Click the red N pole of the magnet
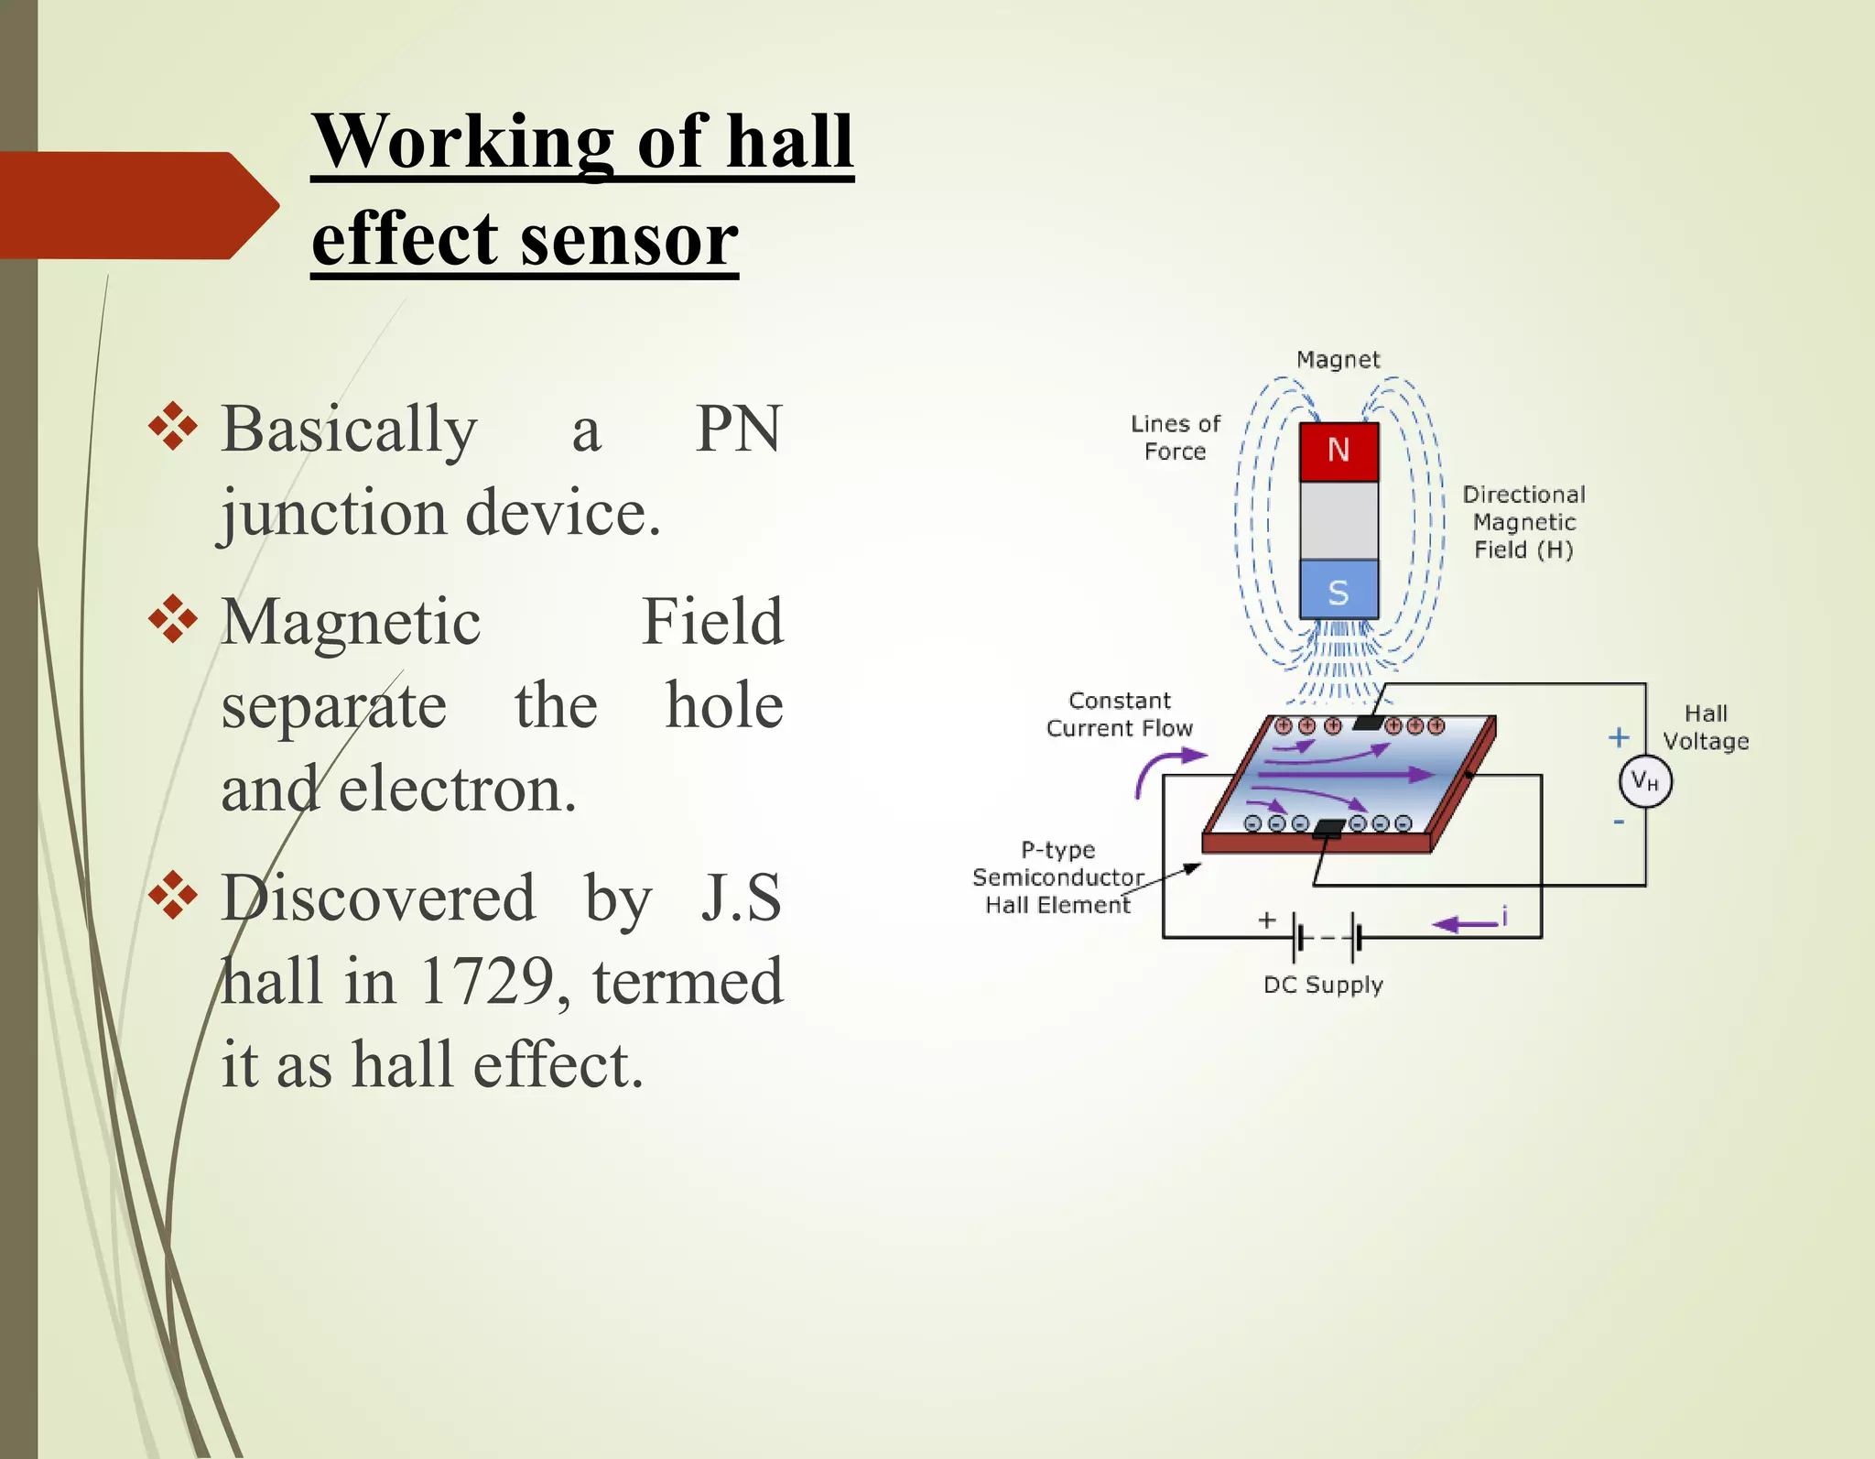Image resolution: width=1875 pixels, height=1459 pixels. (x=1339, y=451)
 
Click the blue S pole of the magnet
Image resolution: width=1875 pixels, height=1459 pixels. (x=1339, y=592)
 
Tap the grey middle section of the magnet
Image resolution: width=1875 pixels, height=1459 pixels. (x=1339, y=520)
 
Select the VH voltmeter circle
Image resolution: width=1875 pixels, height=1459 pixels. (x=1645, y=781)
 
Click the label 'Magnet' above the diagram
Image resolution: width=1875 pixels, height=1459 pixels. (x=1338, y=360)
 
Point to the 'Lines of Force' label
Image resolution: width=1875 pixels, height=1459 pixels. (x=1176, y=438)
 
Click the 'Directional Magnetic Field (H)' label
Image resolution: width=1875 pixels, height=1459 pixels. (x=1523, y=522)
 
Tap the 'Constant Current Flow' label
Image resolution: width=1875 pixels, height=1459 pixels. (x=1120, y=714)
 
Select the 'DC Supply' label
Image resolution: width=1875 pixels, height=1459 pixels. (x=1323, y=985)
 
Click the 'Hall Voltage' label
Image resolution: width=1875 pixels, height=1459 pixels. (x=1706, y=727)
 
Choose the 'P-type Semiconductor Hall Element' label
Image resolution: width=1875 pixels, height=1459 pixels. (x=1057, y=877)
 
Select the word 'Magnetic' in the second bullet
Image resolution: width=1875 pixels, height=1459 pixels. (x=351, y=622)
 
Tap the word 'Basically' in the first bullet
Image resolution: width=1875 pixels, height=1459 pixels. (x=349, y=429)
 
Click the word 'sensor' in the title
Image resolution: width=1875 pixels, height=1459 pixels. (x=629, y=239)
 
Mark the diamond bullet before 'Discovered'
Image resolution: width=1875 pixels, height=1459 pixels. (x=172, y=894)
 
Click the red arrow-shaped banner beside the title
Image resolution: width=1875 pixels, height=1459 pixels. (x=137, y=205)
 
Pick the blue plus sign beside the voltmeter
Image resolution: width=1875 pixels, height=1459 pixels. (x=1619, y=737)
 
